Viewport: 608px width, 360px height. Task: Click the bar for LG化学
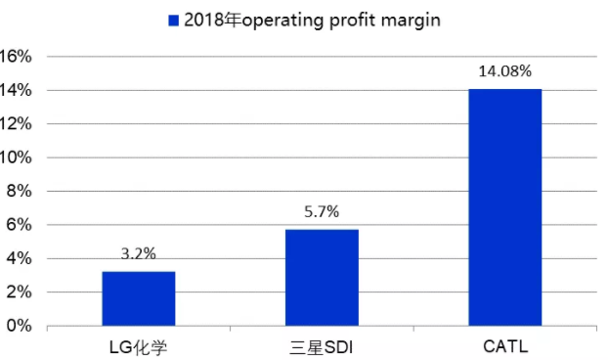tap(138, 298)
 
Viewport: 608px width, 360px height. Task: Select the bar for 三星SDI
tap(322, 278)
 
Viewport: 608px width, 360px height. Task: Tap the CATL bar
tap(504, 207)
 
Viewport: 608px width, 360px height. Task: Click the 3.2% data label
tap(138, 252)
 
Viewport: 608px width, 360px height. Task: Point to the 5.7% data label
tap(322, 210)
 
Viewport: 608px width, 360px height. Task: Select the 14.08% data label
tap(504, 70)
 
